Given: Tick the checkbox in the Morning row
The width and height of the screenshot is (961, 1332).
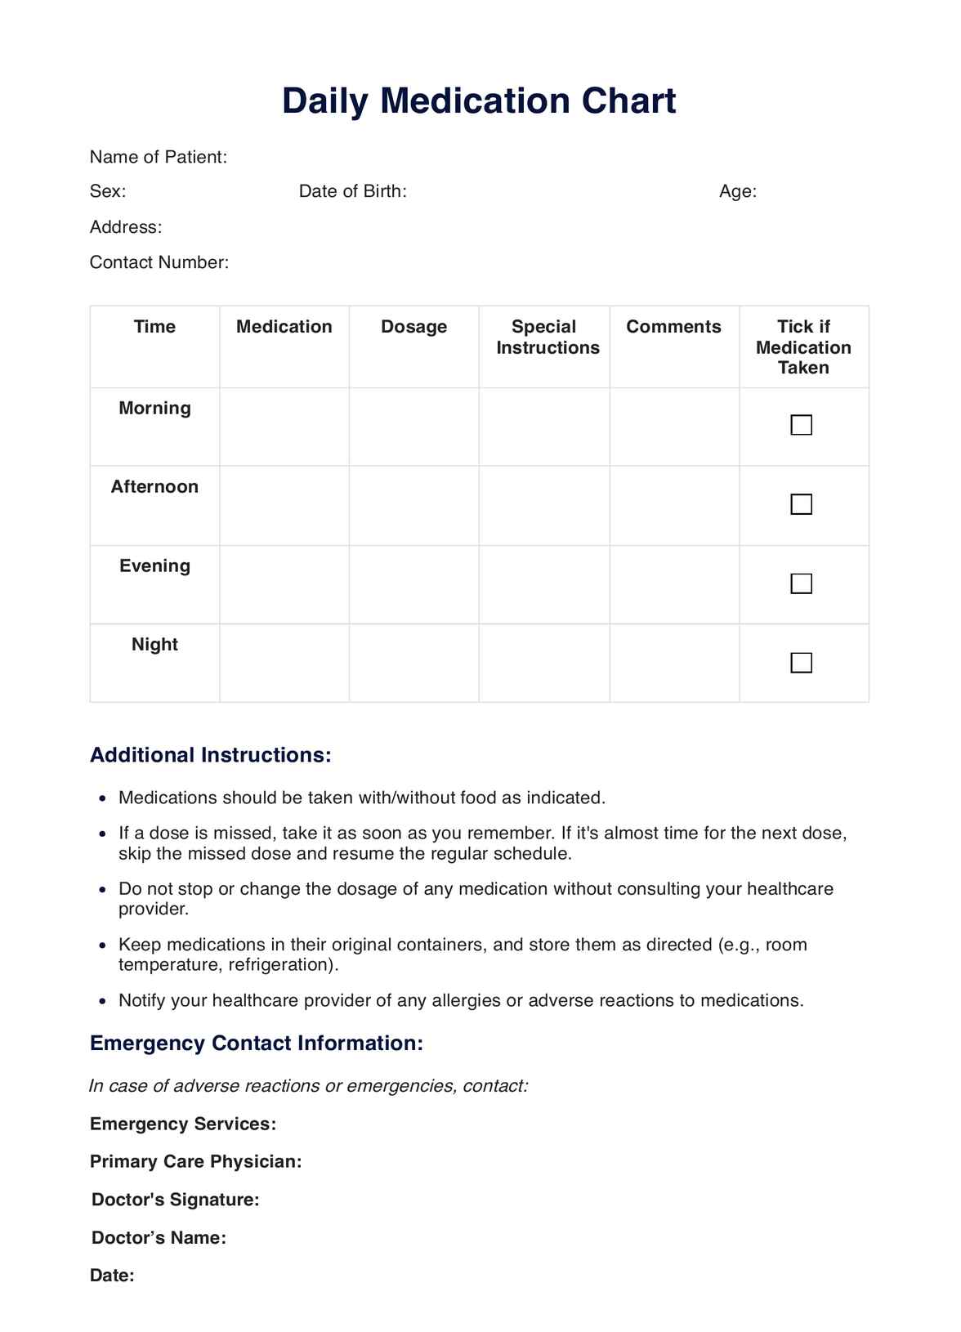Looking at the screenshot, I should (x=801, y=425).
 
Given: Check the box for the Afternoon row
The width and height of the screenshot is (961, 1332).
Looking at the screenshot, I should (x=801, y=504).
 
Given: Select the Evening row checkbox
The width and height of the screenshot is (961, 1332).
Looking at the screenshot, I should (x=801, y=583).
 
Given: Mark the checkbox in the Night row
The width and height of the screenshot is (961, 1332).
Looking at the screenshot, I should (x=801, y=663).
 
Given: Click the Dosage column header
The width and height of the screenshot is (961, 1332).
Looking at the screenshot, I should (x=413, y=327).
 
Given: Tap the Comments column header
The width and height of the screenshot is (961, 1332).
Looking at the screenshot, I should (x=673, y=327).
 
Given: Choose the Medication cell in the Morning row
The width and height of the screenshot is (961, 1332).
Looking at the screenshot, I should (x=284, y=427).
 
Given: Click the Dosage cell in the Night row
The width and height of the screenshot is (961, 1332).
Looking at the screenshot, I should (x=413, y=663).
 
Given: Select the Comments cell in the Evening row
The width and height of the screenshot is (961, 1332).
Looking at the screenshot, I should (x=674, y=584).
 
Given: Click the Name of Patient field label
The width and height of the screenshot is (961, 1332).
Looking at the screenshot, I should (x=158, y=157).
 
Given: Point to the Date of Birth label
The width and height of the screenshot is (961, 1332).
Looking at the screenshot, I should (x=352, y=191).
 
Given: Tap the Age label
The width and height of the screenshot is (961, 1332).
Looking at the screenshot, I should (x=737, y=191).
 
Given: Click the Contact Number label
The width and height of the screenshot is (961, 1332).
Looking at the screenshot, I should (x=159, y=262).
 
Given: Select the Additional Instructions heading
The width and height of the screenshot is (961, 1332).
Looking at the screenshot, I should (x=210, y=755).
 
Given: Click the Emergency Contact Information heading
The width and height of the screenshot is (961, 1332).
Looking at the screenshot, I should (x=256, y=1044).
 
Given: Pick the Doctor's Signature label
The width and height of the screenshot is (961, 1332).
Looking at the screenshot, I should (x=175, y=1200).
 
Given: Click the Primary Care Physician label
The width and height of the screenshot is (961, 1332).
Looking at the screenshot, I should (x=195, y=1161).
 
